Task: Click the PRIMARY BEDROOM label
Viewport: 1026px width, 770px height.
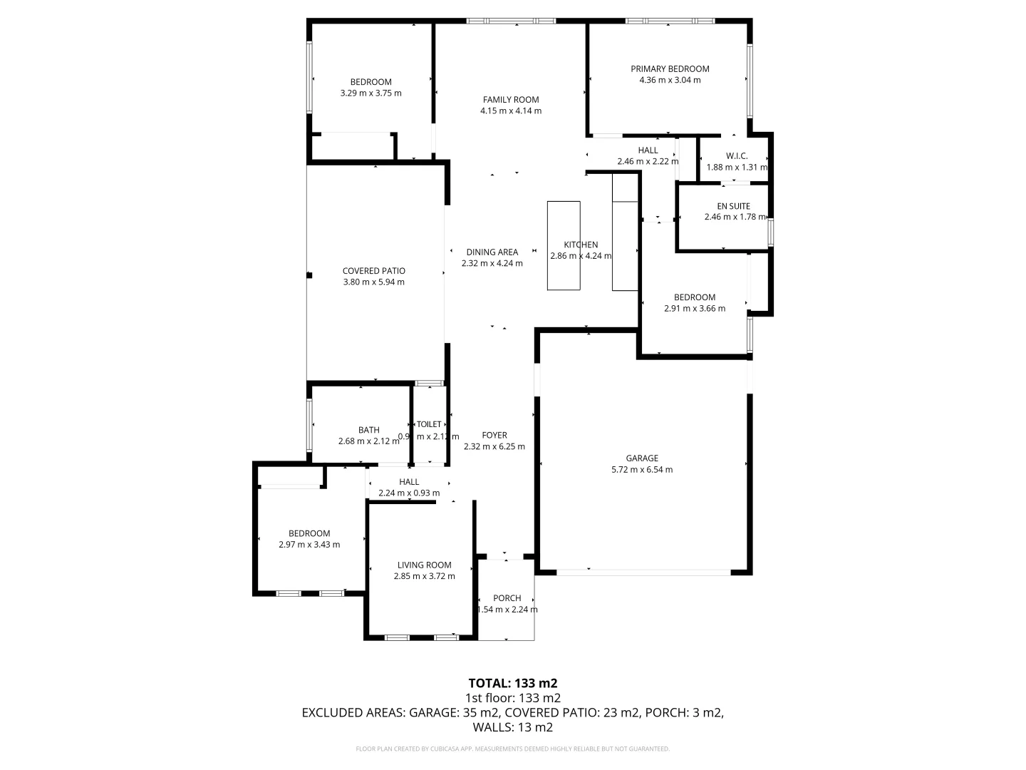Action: pos(670,69)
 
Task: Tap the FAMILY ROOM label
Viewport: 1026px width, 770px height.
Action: pos(511,100)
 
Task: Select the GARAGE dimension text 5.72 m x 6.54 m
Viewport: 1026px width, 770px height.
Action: pos(642,470)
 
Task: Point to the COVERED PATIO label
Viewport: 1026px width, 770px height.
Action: pos(373,271)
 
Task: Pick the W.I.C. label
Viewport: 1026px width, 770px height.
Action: pos(737,156)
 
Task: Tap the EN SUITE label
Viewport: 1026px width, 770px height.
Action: pos(733,206)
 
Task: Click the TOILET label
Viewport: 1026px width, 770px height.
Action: pos(429,424)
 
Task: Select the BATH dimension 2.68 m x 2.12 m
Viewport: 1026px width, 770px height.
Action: pos(369,441)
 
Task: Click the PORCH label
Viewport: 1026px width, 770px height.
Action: pos(507,598)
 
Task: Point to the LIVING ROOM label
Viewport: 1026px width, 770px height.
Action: pos(424,565)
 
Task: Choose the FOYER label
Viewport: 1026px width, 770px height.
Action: pos(494,436)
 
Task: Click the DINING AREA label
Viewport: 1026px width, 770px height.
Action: pos(492,252)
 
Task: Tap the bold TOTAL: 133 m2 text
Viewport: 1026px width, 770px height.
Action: pos(512,683)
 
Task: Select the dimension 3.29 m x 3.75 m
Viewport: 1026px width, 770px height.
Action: pos(370,93)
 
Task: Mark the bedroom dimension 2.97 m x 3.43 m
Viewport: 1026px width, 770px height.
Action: pos(309,545)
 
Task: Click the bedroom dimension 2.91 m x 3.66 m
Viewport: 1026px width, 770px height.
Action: pos(695,309)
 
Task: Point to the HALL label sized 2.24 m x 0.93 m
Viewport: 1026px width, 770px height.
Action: pos(409,482)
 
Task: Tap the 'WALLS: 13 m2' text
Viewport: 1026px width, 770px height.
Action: pos(512,728)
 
